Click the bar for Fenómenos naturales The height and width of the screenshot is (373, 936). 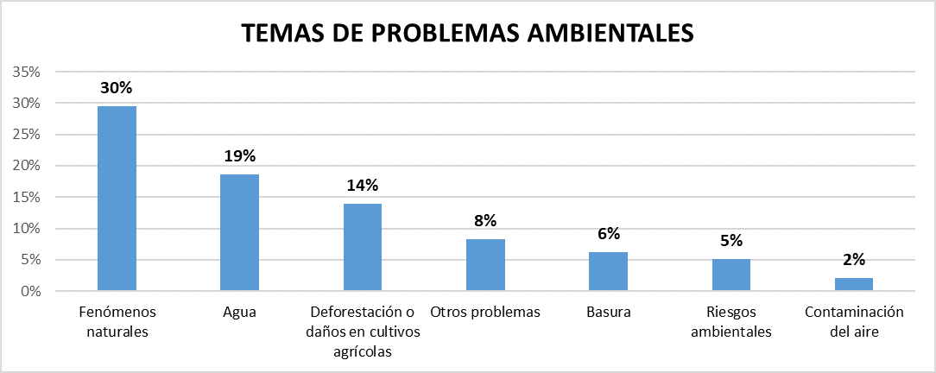(x=117, y=199)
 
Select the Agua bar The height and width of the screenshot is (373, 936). (x=239, y=233)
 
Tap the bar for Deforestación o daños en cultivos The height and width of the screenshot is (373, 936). (x=363, y=248)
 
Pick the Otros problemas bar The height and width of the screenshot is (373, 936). (x=485, y=265)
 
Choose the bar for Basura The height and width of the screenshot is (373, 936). (x=608, y=272)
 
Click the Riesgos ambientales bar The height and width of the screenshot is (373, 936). (x=731, y=275)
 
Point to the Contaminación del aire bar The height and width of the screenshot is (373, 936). (x=854, y=285)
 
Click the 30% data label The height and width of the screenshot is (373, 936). (x=117, y=88)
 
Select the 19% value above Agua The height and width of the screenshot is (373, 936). (x=239, y=156)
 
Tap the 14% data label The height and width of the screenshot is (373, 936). (x=363, y=186)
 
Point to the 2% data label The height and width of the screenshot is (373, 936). (x=854, y=259)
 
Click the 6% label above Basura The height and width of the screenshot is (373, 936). (x=608, y=233)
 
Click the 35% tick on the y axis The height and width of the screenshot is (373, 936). (x=26, y=72)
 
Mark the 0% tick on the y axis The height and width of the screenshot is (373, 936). (x=29, y=292)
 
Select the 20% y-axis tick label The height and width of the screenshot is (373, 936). (x=26, y=166)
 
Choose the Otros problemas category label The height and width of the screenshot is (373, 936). (x=485, y=312)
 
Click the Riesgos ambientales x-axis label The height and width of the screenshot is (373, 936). (x=731, y=320)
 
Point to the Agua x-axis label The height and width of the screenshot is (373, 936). (x=239, y=312)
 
